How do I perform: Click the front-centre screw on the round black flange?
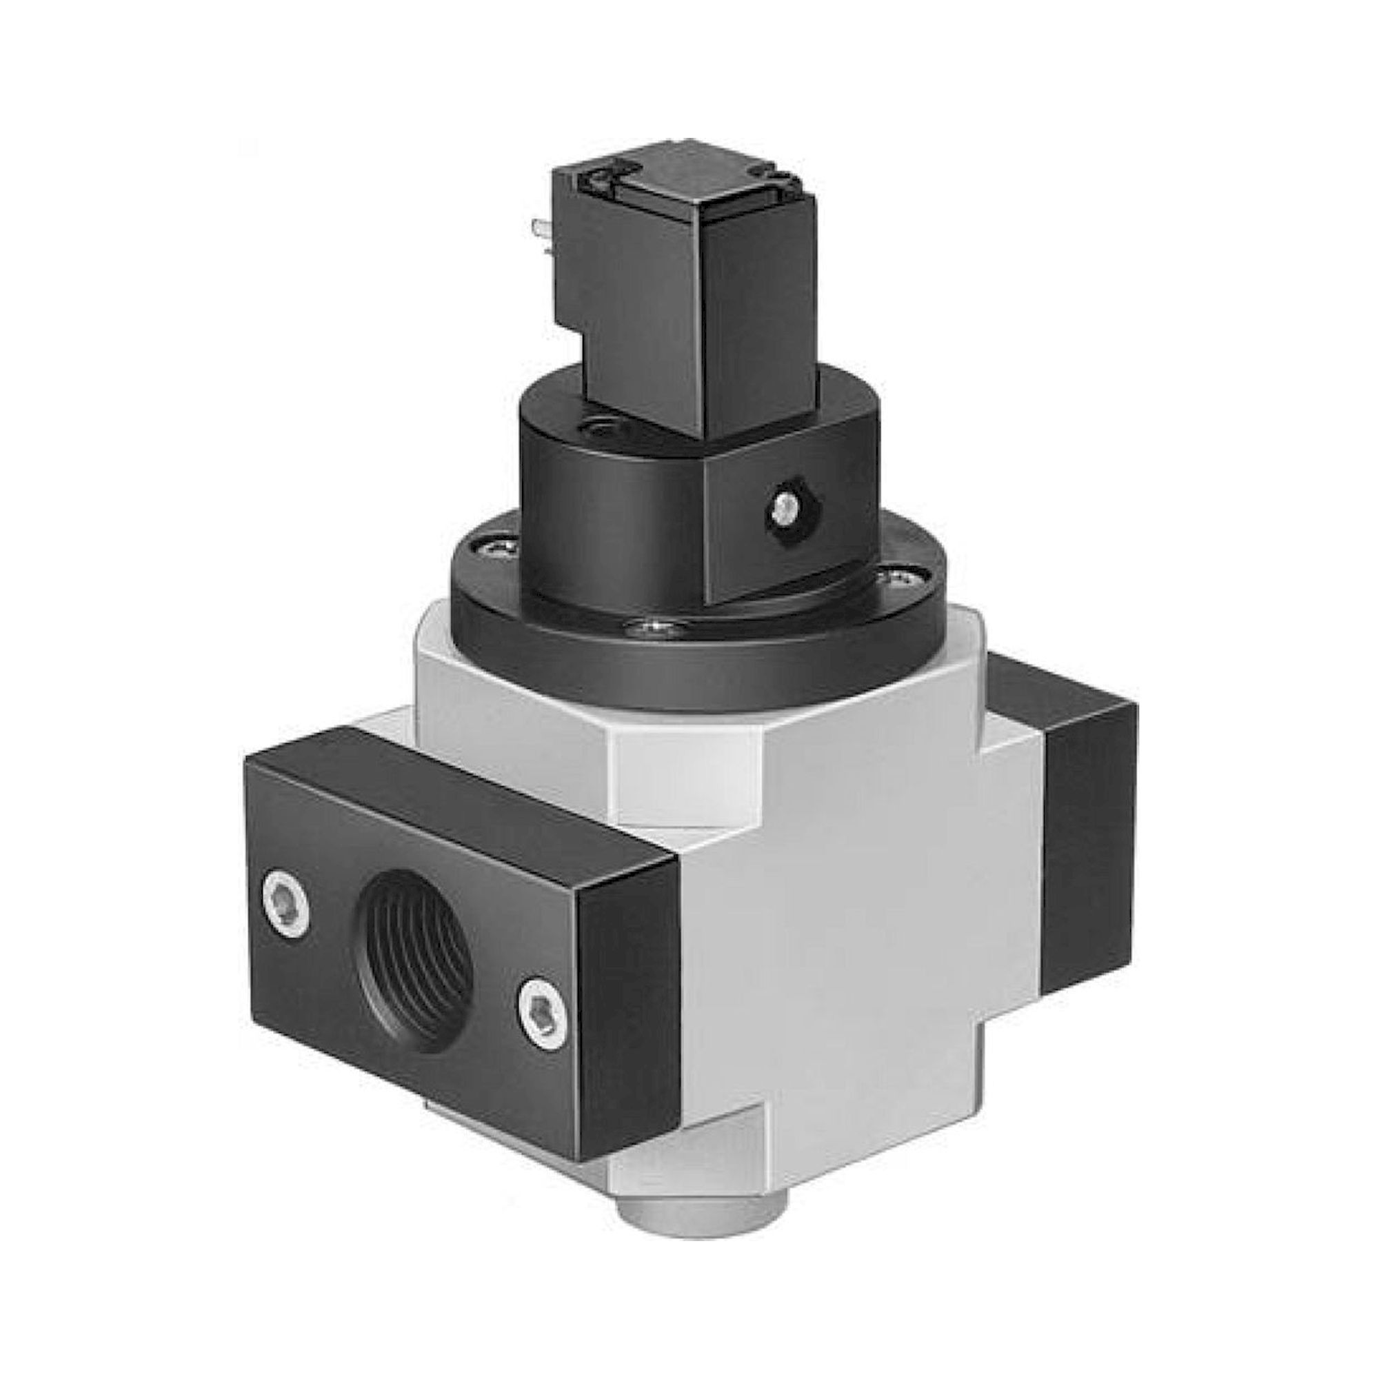coord(654,627)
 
